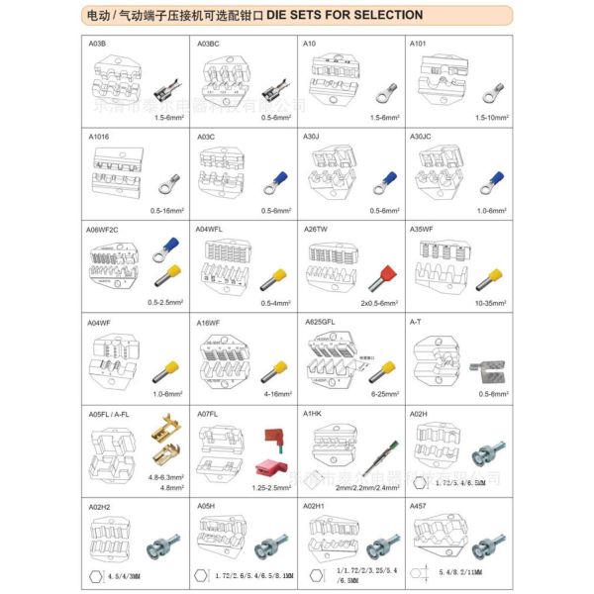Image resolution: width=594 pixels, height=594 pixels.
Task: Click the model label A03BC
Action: click(208, 45)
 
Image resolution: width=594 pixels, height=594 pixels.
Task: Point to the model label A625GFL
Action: click(320, 322)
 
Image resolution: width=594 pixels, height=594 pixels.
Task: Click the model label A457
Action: click(419, 505)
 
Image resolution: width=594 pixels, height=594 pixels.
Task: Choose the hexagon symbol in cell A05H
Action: click(204, 573)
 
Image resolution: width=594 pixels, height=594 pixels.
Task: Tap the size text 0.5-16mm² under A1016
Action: click(168, 211)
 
